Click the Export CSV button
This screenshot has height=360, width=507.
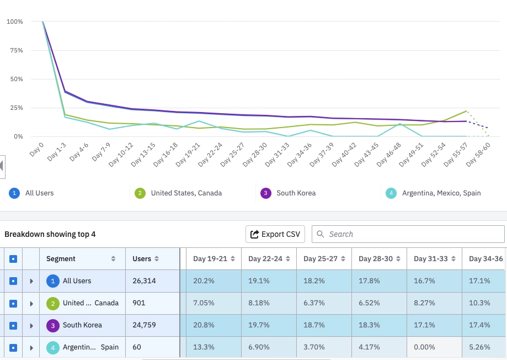(x=275, y=234)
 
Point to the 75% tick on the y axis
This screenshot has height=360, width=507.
(x=15, y=50)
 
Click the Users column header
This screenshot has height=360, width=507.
(x=142, y=258)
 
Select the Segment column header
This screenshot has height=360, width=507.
(x=61, y=258)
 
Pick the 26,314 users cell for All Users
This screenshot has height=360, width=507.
(x=145, y=281)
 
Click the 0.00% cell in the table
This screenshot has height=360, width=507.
(x=425, y=348)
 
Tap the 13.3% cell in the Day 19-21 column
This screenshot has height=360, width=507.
(x=204, y=348)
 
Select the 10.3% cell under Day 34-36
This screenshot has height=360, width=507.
(x=479, y=303)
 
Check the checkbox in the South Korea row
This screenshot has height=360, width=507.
(x=13, y=325)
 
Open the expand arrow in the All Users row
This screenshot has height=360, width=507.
(x=31, y=281)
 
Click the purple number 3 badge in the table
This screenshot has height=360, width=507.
(x=53, y=325)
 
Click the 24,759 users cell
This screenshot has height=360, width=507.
(x=145, y=325)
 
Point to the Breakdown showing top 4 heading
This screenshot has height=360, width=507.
(x=50, y=234)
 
